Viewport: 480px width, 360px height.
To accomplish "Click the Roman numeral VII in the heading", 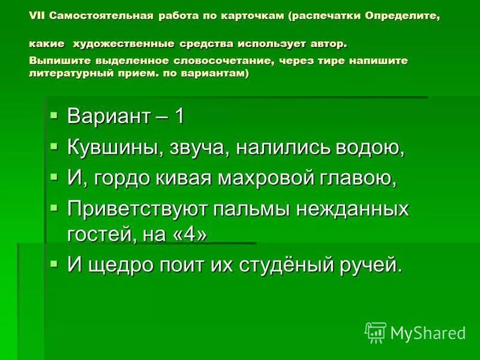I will (37, 16).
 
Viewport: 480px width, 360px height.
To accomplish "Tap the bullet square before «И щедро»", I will (54, 263).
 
